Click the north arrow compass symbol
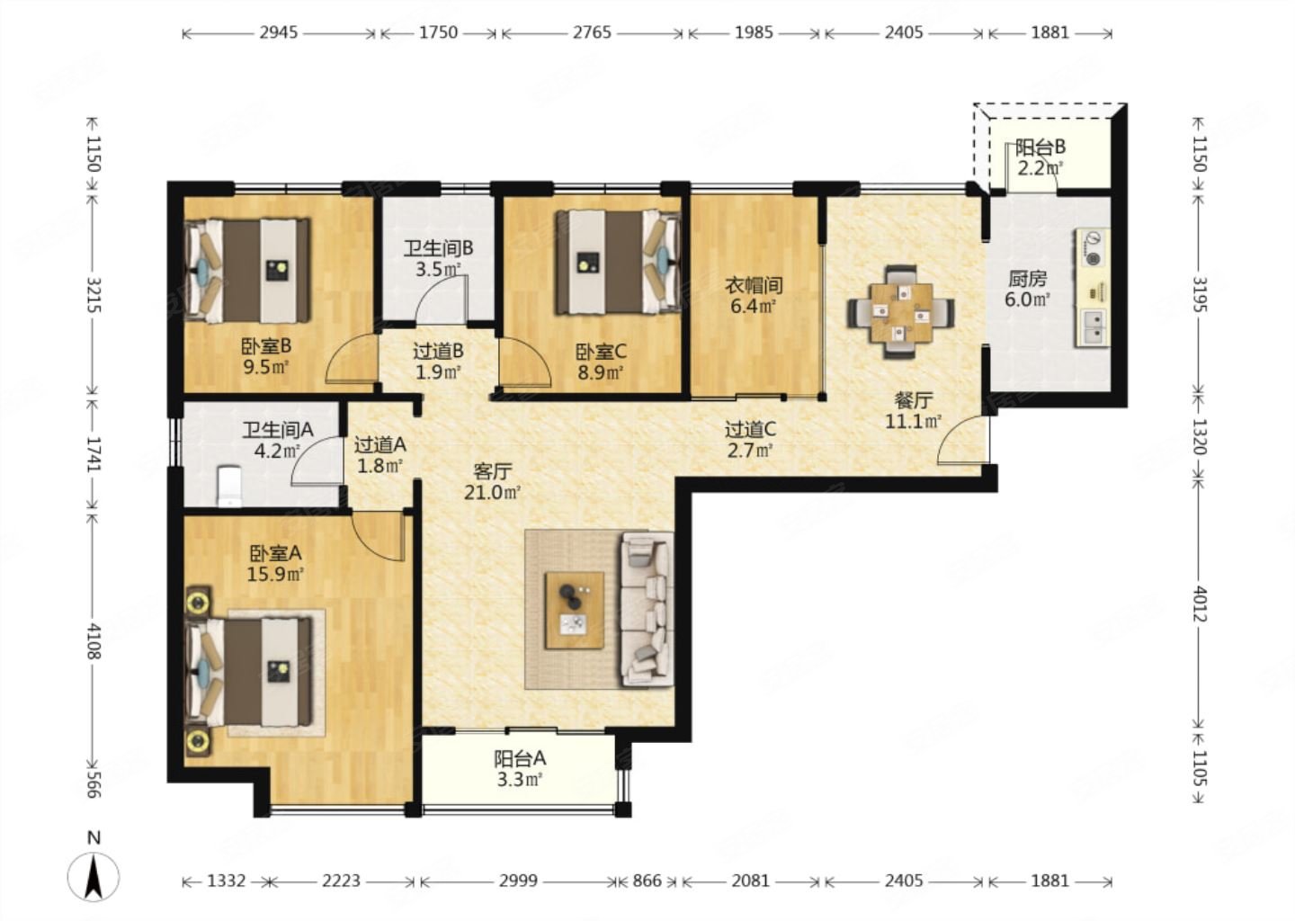coord(94,875)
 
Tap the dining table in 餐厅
coord(901,311)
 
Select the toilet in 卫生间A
coord(230,487)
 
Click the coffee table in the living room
coord(576,611)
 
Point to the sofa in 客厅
coord(647,610)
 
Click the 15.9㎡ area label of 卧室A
coord(276,575)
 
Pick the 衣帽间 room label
coord(754,284)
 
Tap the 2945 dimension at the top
coord(279,32)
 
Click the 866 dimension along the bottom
coord(647,881)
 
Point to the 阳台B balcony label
coord(1040,148)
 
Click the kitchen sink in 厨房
coord(1092,327)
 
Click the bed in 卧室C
coord(618,263)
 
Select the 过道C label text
coord(750,430)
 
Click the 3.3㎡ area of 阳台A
coord(519,780)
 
